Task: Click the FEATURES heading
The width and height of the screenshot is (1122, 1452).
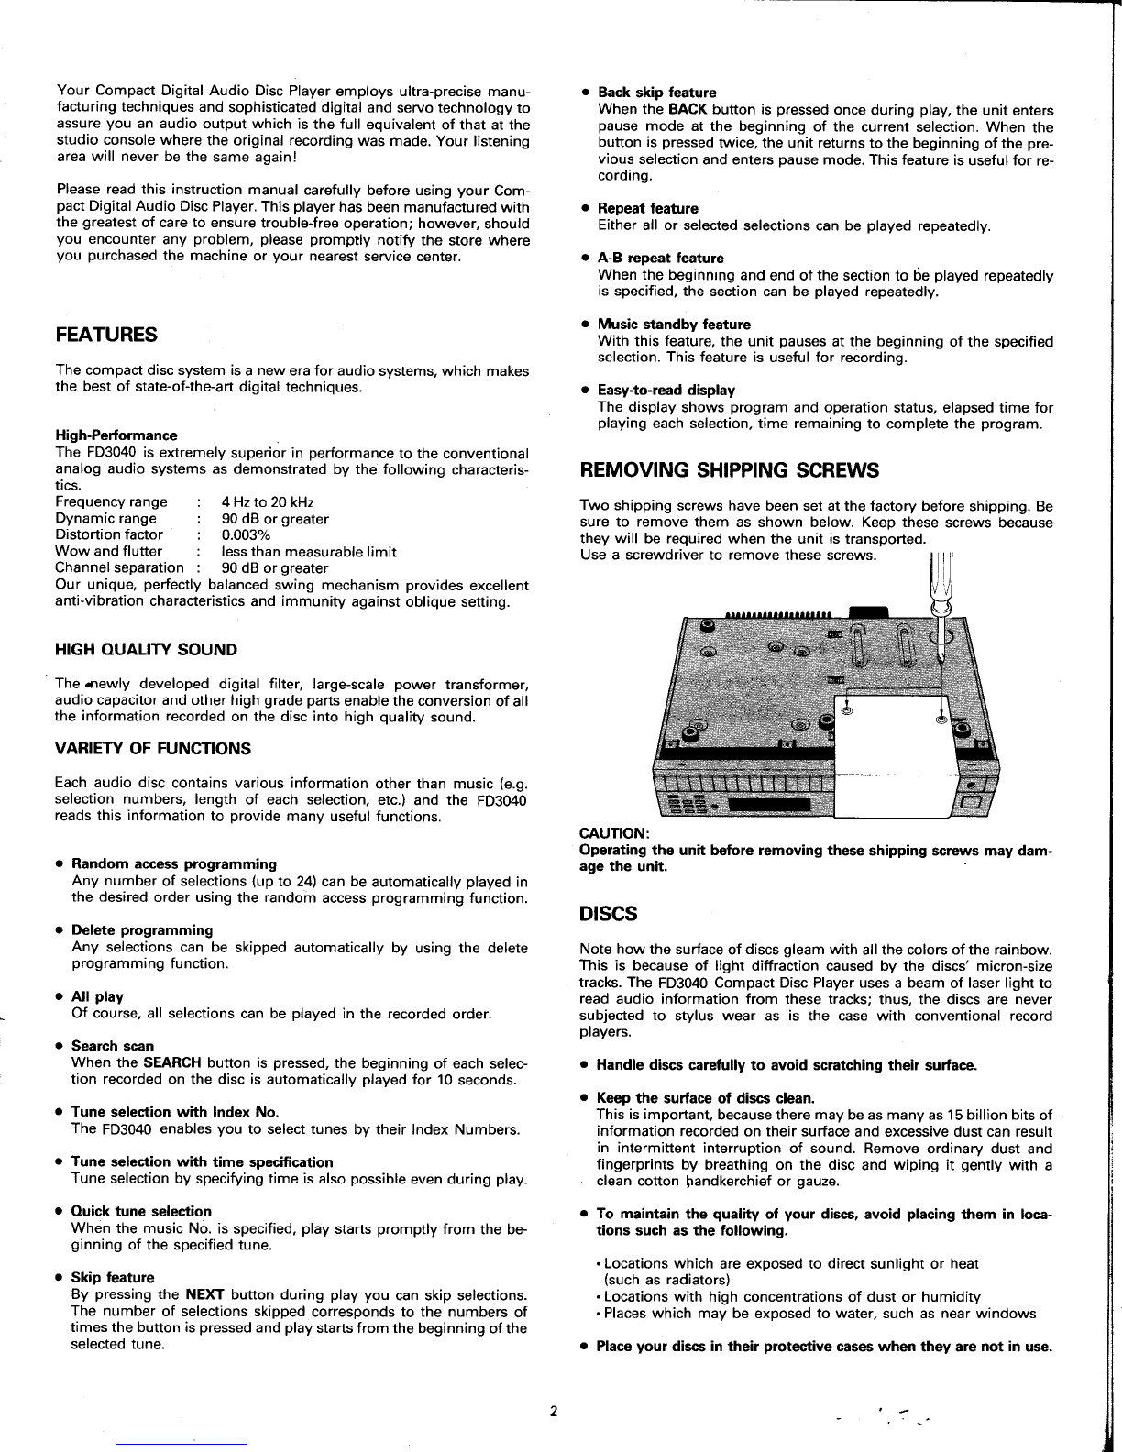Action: (x=106, y=335)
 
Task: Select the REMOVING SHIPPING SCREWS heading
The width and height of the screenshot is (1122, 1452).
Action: (x=730, y=471)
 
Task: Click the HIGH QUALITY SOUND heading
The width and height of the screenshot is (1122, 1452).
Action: (x=146, y=650)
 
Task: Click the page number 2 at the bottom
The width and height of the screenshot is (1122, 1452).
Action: (x=554, y=1411)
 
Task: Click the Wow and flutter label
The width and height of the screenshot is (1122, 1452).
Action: (x=108, y=552)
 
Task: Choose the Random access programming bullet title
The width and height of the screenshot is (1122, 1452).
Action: (x=173, y=864)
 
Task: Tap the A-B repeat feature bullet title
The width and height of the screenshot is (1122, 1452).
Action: (x=660, y=258)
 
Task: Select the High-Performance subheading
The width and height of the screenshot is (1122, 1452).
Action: (x=116, y=435)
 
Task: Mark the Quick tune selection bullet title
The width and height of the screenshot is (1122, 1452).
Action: (x=141, y=1212)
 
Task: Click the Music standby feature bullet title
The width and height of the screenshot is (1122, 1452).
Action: (x=674, y=324)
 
